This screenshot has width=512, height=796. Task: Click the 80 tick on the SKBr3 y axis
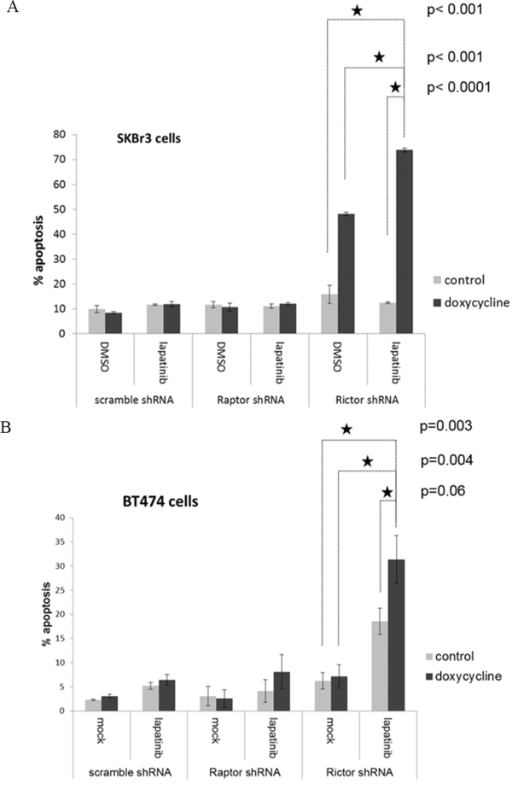(58, 134)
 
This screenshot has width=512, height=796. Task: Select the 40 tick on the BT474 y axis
(58, 518)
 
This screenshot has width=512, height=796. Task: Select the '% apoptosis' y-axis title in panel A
(38, 233)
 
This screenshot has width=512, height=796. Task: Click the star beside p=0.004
(368, 461)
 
